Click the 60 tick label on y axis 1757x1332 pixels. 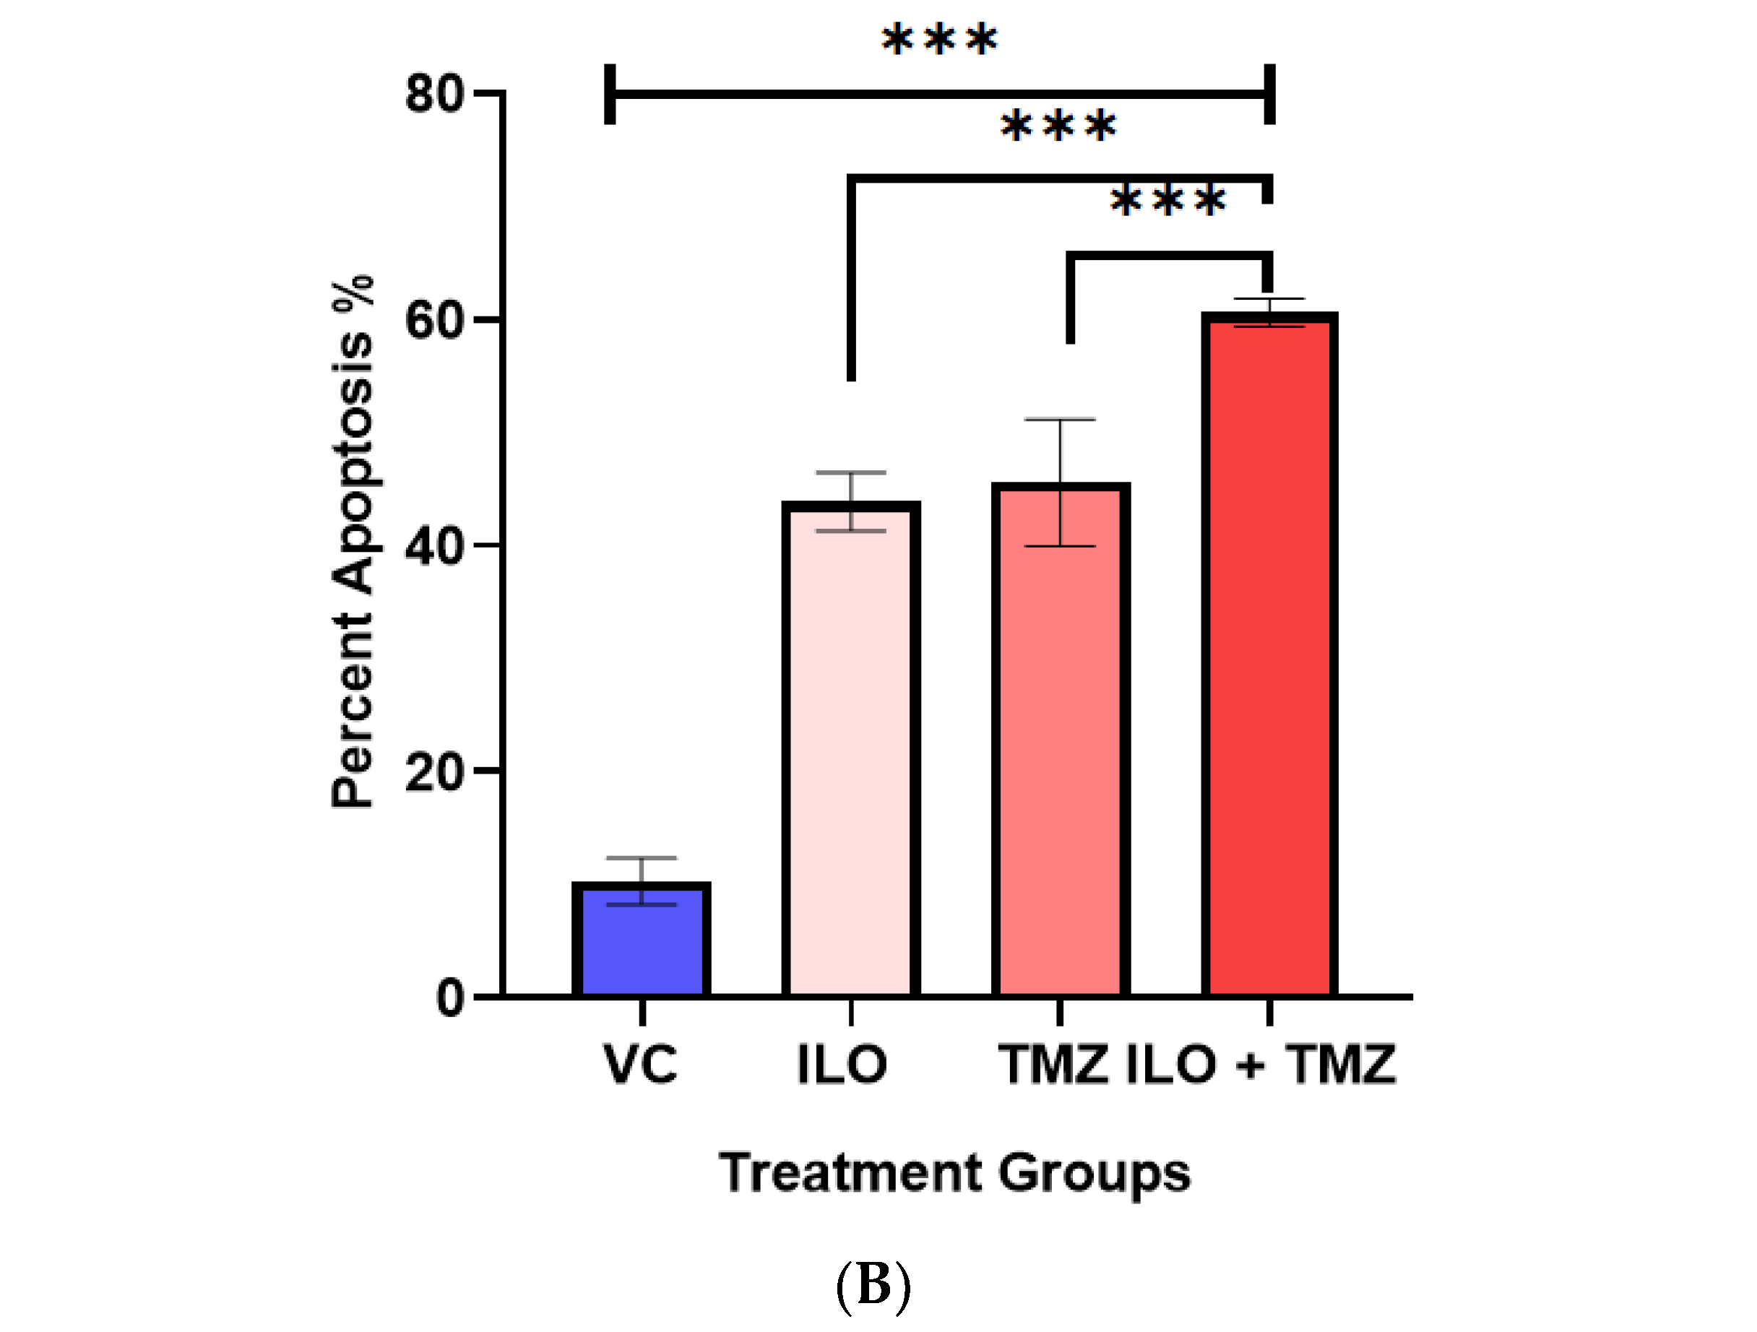pos(433,321)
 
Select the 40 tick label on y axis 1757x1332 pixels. pos(433,548)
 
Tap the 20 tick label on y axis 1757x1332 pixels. pos(433,772)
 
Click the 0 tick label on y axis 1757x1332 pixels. pos(450,998)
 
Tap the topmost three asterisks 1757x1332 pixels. pos(939,39)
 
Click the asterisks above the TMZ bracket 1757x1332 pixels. pos(1167,200)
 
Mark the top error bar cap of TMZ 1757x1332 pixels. pos(1060,420)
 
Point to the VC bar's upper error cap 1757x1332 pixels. pos(641,858)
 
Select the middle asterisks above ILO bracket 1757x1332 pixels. pos(1058,126)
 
